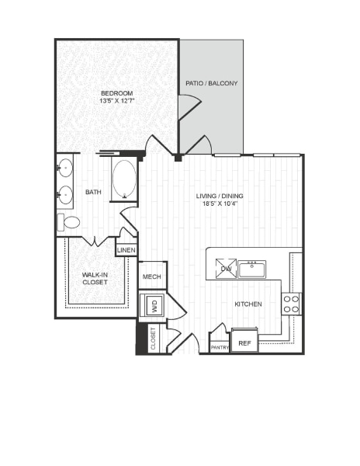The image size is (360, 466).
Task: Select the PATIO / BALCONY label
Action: coord(211,83)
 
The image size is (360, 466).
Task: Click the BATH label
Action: coord(93,192)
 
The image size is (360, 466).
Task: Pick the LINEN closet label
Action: coord(126,250)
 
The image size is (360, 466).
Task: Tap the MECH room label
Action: coord(151,276)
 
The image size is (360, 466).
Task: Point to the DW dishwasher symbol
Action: coord(225,270)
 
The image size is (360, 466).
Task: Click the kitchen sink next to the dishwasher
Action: coord(252,270)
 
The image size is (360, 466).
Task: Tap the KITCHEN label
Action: coord(247,304)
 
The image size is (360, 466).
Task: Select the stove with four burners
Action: coord(291,304)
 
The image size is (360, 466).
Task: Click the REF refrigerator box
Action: coord(244,342)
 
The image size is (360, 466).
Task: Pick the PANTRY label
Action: coord(220,346)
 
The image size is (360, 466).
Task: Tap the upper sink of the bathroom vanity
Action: coord(66,165)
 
